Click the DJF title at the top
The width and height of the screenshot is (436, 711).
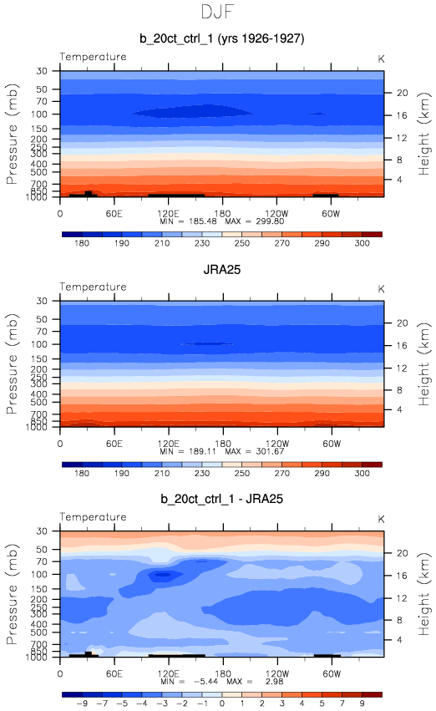(217, 12)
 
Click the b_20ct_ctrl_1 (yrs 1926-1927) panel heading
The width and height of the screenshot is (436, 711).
(221, 38)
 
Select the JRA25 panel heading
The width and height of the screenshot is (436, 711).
(221, 269)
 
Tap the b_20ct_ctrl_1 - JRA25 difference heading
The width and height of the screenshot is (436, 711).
(221, 499)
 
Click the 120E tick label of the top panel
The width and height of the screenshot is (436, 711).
(168, 214)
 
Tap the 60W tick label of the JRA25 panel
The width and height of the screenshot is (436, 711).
(332, 444)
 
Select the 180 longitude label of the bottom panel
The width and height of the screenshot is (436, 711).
(222, 673)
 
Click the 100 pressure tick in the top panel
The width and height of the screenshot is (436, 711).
(39, 114)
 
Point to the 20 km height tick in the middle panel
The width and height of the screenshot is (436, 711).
(403, 322)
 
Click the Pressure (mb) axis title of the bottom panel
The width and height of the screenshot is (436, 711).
(13, 594)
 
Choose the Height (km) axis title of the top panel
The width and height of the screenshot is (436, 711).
(423, 134)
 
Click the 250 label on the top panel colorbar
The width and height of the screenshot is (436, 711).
(242, 243)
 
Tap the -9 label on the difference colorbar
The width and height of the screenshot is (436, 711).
(82, 703)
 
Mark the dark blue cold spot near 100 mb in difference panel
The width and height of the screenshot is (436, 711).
(162, 575)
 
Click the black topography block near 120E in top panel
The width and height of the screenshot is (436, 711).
(176, 196)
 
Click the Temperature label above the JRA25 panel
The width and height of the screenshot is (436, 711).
(93, 287)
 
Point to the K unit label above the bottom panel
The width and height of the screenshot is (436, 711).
(381, 519)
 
